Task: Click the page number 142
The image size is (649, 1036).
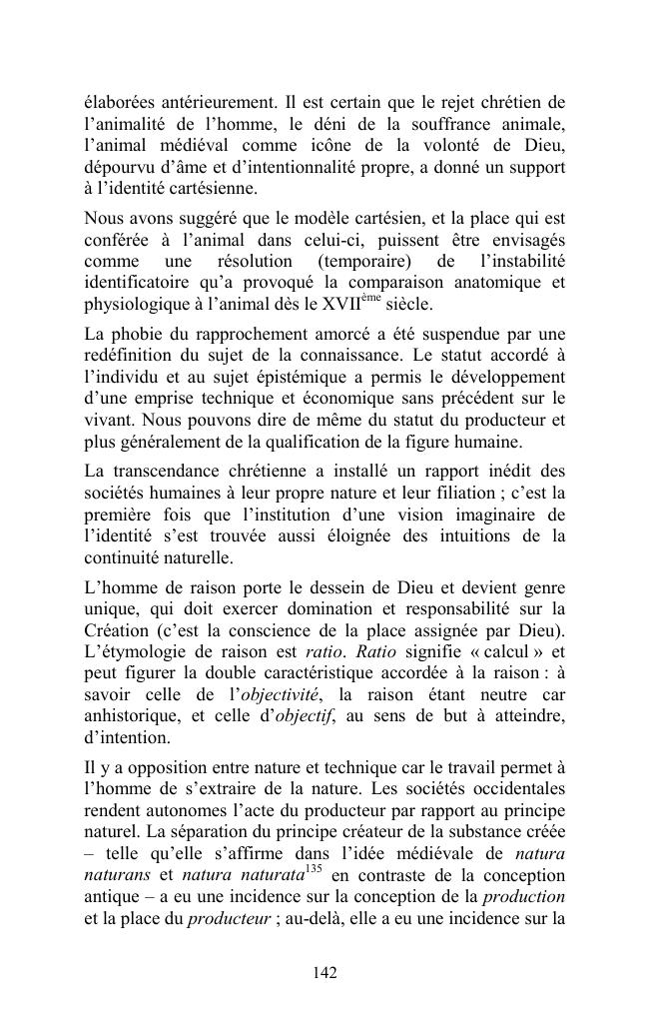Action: click(x=324, y=973)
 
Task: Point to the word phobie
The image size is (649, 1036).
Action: click(x=139, y=333)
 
